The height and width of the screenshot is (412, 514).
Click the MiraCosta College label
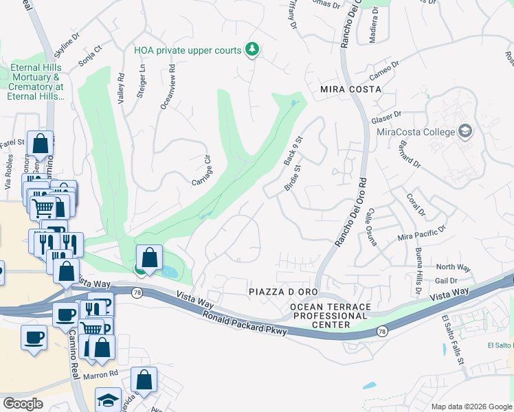point(416,132)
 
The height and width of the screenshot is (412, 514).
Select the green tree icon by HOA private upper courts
point(253,49)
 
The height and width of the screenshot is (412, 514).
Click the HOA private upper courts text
point(188,50)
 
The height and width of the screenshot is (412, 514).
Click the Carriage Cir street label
point(201,170)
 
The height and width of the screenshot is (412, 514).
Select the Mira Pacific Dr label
point(422,233)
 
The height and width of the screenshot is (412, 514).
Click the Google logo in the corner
point(23,404)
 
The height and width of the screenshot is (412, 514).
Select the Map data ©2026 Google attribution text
point(471,407)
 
